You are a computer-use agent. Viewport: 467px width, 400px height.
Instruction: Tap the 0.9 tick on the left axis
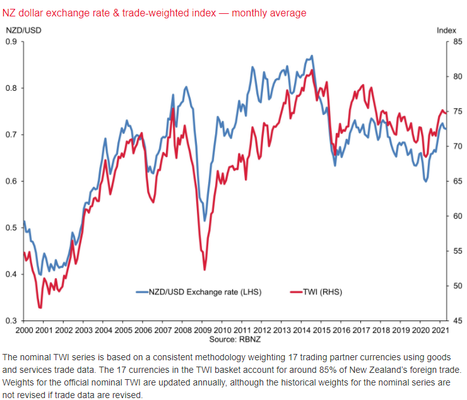(x=11, y=42)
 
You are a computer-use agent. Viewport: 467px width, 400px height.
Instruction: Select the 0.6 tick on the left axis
(x=11, y=182)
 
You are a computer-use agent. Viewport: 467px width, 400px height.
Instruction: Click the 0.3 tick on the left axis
(x=11, y=321)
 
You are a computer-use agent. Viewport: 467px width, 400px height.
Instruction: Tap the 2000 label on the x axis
(x=24, y=331)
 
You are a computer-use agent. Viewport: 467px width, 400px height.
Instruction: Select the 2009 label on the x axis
(x=203, y=331)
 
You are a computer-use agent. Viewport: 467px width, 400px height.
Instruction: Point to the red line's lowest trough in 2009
(x=204, y=270)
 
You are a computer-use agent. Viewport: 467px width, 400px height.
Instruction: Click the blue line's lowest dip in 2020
(x=426, y=182)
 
